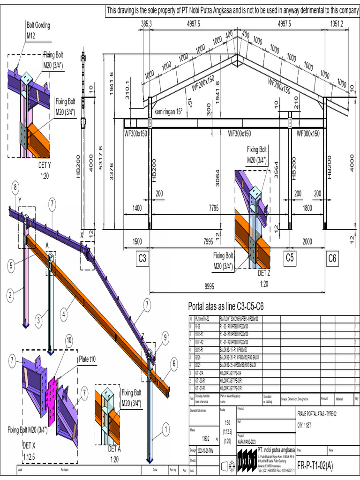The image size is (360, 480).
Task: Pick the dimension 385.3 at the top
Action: (x=147, y=23)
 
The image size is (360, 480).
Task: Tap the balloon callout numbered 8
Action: (x=15, y=188)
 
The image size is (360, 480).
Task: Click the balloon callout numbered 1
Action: (x=165, y=427)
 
